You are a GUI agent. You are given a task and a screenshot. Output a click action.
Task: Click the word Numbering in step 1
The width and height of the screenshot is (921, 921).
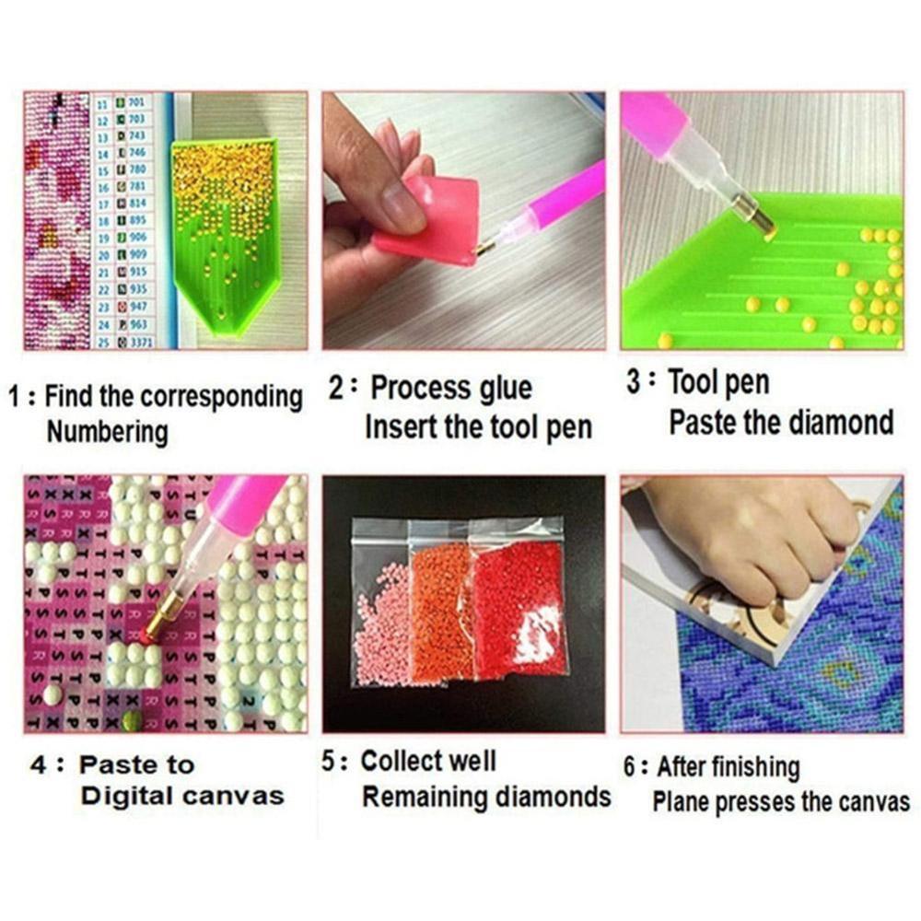[x=108, y=431]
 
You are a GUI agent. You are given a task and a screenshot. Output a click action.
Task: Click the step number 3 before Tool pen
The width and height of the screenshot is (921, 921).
[x=634, y=381]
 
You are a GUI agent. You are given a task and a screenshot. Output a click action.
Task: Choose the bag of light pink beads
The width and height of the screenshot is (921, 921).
[x=379, y=617]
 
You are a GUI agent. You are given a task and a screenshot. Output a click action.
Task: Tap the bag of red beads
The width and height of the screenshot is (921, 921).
[x=516, y=608]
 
